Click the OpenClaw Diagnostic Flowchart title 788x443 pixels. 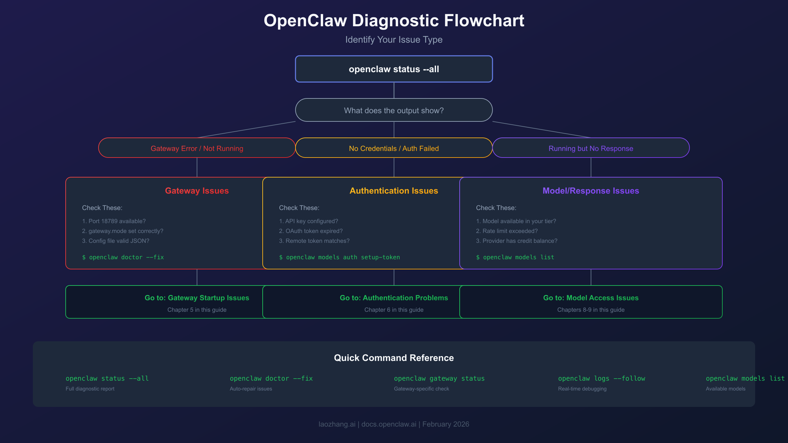click(394, 21)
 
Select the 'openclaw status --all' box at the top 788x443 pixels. click(394, 69)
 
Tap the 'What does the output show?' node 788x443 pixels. click(394, 111)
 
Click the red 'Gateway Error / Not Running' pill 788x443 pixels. click(197, 148)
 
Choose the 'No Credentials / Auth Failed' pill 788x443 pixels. click(394, 148)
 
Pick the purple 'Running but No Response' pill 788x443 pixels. click(591, 148)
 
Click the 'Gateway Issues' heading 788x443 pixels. click(197, 191)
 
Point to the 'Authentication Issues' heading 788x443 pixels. click(394, 191)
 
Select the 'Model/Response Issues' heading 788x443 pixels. click(591, 191)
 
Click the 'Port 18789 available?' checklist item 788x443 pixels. click(114, 221)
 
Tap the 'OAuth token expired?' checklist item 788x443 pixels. click(311, 231)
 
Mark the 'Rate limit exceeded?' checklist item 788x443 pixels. click(507, 231)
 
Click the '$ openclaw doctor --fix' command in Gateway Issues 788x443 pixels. click(123, 257)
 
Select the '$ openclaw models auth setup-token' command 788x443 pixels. click(339, 257)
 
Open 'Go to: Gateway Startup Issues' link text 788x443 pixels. click(197, 298)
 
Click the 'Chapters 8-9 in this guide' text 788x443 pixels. click(591, 310)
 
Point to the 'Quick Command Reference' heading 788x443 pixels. click(394, 358)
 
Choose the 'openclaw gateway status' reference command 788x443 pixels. click(439, 378)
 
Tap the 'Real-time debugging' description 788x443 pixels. click(582, 389)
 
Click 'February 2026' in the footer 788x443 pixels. click(446, 424)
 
